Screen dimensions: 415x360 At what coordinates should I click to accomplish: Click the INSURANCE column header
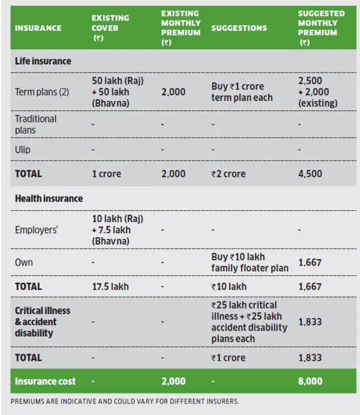pyautogui.click(x=38, y=28)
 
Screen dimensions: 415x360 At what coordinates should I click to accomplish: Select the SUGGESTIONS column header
pyautogui.click(x=239, y=28)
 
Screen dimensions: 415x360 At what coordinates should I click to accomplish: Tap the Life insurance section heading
pyautogui.click(x=43, y=61)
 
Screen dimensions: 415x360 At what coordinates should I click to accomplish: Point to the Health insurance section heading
pyautogui.click(x=48, y=198)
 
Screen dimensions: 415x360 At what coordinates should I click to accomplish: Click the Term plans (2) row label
pyautogui.click(x=42, y=93)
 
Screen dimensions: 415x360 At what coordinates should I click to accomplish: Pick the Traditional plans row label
pyautogui.click(x=35, y=124)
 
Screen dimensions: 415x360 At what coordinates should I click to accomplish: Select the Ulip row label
pyautogui.click(x=23, y=150)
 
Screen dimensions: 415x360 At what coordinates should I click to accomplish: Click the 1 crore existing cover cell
pyautogui.click(x=106, y=174)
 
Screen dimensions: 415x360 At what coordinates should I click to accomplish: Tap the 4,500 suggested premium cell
pyautogui.click(x=310, y=174)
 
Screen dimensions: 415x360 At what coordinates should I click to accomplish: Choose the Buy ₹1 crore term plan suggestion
pyautogui.click(x=242, y=92)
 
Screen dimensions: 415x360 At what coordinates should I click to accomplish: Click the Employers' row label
pyautogui.click(x=36, y=230)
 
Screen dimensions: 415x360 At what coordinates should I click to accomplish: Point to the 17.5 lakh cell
pyautogui.click(x=110, y=286)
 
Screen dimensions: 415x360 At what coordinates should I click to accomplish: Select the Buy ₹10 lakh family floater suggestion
pyautogui.click(x=249, y=262)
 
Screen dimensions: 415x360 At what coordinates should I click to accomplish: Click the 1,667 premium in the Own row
pyautogui.click(x=310, y=262)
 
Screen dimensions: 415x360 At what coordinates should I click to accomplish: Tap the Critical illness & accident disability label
pyautogui.click(x=43, y=321)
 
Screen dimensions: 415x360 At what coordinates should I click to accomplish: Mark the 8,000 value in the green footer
pyautogui.click(x=310, y=381)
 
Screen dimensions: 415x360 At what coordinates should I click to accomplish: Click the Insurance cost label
pyautogui.click(x=45, y=381)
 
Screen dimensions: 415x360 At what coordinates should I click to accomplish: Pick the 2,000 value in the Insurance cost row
pyautogui.click(x=173, y=381)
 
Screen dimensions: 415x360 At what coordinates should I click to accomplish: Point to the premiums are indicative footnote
pyautogui.click(x=125, y=401)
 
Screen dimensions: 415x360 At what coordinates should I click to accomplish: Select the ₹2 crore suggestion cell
pyautogui.click(x=228, y=174)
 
